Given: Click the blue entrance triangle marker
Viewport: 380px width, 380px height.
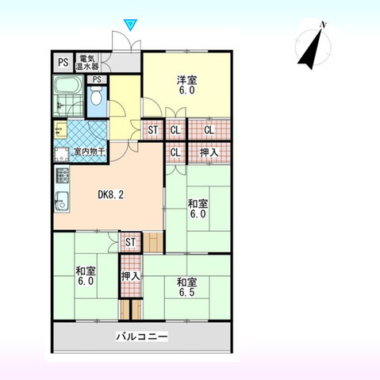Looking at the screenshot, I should [x=132, y=25].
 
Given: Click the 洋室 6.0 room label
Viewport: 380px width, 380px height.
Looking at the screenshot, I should [x=186, y=84].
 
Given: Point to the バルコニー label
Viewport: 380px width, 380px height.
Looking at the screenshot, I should [x=142, y=336].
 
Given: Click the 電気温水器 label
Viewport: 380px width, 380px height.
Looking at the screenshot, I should [x=88, y=62].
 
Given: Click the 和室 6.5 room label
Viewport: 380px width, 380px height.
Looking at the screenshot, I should [x=186, y=287].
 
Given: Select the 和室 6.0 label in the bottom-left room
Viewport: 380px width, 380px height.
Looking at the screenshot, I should [x=85, y=276].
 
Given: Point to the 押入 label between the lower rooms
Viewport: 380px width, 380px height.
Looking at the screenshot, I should [x=131, y=277].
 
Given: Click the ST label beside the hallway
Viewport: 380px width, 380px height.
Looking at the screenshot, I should [x=152, y=131].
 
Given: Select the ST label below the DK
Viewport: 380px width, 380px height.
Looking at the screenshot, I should [x=131, y=241].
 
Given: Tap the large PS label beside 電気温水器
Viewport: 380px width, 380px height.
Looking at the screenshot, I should [x=62, y=62].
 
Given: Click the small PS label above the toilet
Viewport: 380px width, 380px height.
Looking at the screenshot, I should [x=97, y=79].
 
